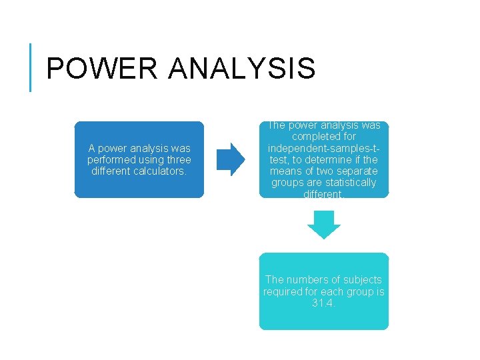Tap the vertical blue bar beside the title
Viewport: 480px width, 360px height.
click(31, 67)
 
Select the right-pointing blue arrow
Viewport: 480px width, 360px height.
click(232, 159)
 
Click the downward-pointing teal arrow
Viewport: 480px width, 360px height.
click(324, 225)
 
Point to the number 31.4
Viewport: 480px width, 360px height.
click(324, 303)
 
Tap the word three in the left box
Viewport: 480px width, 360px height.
click(178, 160)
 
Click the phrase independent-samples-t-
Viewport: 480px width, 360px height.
click(324, 148)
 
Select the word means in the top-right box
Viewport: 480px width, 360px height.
click(284, 171)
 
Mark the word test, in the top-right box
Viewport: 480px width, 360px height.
click(279, 159)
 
